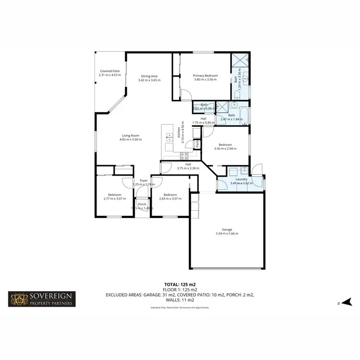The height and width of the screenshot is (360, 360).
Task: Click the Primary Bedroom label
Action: [x=205, y=75]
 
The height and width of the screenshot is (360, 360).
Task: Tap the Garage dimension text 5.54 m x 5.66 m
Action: [x=227, y=234]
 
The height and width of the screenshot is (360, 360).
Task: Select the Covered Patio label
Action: [x=109, y=71]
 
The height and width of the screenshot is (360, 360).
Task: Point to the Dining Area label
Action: [x=149, y=76]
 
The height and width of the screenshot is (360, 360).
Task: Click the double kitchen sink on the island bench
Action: [x=168, y=137]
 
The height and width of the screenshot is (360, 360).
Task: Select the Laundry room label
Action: [x=239, y=179]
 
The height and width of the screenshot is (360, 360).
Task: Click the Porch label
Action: [x=142, y=204]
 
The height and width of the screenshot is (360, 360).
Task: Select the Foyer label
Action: [x=143, y=180]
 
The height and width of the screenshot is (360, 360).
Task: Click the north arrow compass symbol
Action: [x=345, y=302]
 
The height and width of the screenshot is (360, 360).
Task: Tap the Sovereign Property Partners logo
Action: [x=41, y=299]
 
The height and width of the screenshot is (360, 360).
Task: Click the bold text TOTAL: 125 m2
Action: [x=180, y=285]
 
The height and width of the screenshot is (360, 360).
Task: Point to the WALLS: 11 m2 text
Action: [x=180, y=300]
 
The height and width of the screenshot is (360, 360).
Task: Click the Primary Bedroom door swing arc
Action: [x=185, y=95]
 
